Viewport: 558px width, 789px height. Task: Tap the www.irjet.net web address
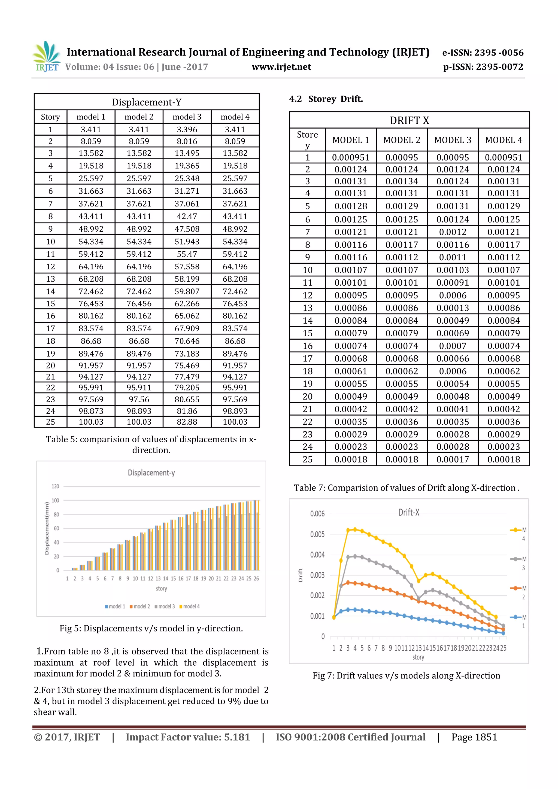pos(281,67)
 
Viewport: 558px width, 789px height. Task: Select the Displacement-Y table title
pos(147,102)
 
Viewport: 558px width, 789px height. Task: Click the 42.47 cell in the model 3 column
pos(187,217)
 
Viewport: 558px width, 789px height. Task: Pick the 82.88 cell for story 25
pos(187,422)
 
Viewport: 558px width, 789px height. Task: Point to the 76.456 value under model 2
pos(139,304)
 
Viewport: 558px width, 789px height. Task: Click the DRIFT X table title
pos(409,121)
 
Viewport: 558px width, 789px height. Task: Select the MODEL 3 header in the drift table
pos(453,140)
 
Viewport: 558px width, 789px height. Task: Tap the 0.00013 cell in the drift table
pos(453,308)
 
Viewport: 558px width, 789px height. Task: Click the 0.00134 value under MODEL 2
pos(402,181)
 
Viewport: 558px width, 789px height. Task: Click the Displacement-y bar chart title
pos(151,473)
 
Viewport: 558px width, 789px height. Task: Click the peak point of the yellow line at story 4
pos(355,529)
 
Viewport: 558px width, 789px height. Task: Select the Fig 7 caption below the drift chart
pos(407,676)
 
